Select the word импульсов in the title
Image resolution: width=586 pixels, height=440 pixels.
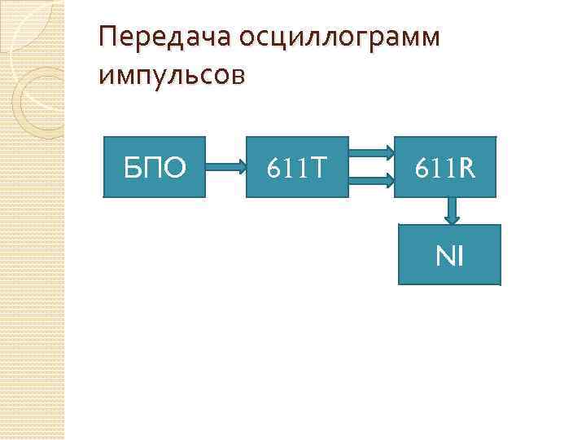(x=170, y=75)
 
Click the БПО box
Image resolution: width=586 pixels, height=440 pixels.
(x=155, y=168)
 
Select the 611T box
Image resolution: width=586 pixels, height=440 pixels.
(x=298, y=168)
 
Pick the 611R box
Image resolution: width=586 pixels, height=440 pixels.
(x=444, y=168)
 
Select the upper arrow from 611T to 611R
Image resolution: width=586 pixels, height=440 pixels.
(x=372, y=152)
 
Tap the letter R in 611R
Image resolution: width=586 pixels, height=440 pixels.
(x=466, y=168)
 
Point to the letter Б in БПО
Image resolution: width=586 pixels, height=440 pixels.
(x=132, y=168)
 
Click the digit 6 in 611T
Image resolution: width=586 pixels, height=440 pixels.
(x=274, y=168)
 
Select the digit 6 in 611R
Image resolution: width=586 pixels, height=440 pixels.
(x=421, y=168)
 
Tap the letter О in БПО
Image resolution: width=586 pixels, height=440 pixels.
(x=176, y=168)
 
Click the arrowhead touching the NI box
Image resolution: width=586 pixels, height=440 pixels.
(x=451, y=218)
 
